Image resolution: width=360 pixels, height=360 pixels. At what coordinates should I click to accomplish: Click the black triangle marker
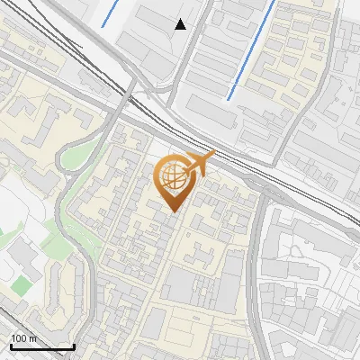point(181,24)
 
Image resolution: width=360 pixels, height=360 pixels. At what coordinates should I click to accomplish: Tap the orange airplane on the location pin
point(199,164)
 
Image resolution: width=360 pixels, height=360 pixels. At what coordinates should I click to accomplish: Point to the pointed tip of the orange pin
point(174,212)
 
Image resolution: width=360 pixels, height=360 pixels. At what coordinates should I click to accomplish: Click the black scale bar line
point(42,346)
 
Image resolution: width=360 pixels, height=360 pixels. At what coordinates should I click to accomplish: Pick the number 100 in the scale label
point(18,338)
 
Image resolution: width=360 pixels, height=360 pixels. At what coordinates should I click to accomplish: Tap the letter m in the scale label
point(32,338)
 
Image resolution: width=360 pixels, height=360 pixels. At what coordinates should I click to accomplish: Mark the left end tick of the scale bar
point(11,345)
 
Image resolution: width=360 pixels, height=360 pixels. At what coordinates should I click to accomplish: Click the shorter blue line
point(113,13)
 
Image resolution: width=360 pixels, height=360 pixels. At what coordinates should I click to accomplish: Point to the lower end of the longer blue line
point(229,98)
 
